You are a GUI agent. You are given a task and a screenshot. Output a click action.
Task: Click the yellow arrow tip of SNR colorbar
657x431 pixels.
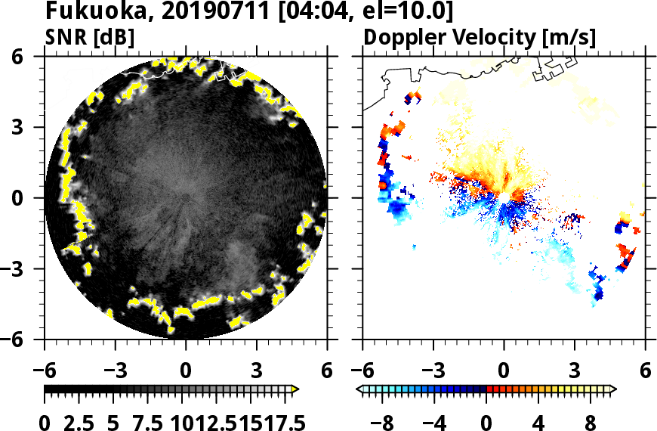[x=295, y=389]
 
